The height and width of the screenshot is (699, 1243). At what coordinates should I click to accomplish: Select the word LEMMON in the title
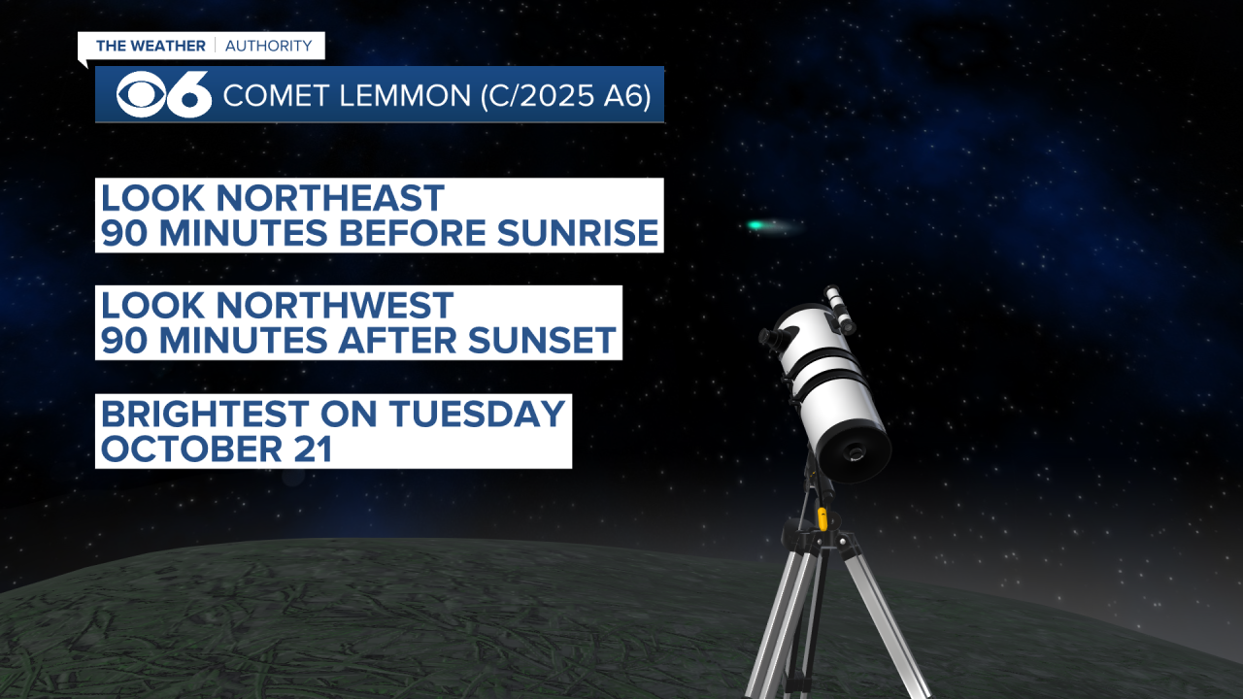[405, 95]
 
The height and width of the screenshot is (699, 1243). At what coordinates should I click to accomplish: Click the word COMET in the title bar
[277, 95]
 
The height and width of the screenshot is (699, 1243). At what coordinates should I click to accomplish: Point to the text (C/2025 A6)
[565, 95]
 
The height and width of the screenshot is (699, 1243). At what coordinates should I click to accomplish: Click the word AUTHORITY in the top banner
[269, 46]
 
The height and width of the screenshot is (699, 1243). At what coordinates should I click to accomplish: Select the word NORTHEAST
[330, 198]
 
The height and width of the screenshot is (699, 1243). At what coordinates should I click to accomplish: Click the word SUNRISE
[578, 232]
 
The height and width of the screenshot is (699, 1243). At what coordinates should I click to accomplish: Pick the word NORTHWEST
[335, 306]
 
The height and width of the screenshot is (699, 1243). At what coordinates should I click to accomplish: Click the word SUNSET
[542, 340]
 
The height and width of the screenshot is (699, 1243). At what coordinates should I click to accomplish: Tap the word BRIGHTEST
[205, 414]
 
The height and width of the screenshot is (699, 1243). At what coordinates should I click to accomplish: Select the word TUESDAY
[477, 414]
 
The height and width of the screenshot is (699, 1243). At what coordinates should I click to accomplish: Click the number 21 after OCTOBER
[313, 449]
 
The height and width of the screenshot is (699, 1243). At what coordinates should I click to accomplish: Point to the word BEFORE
[414, 232]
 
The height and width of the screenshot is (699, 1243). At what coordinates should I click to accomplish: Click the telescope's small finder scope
[839, 309]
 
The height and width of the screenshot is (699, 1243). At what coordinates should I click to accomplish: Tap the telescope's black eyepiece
[772, 336]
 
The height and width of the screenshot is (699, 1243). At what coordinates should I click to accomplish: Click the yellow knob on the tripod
[822, 518]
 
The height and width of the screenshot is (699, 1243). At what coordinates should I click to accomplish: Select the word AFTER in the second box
[398, 340]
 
